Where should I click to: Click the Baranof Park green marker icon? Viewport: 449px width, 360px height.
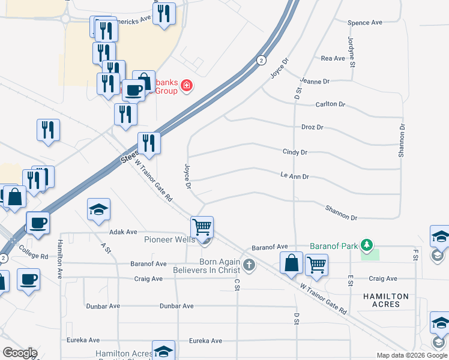pyautogui.click(x=367, y=246)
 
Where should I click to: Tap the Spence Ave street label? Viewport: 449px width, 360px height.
pyautogui.click(x=365, y=23)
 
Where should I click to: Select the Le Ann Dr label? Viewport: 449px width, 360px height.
pyautogui.click(x=294, y=177)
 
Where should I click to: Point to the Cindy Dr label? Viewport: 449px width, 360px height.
pyautogui.click(x=295, y=152)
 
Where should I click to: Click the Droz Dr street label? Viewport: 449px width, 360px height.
pyautogui.click(x=312, y=127)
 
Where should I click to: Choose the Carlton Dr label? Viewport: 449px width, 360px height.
pyautogui.click(x=331, y=104)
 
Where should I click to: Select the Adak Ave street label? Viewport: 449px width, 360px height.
pyautogui.click(x=123, y=232)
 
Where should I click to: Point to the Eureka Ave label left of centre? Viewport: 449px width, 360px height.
pyautogui.click(x=85, y=340)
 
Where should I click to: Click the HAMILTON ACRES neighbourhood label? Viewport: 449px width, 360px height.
pyautogui.click(x=385, y=301)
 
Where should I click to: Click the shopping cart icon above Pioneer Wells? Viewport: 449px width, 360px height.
pyautogui.click(x=202, y=227)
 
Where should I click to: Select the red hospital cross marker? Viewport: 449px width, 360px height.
pyautogui.click(x=187, y=86)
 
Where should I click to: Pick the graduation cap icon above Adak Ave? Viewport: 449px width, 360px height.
pyautogui.click(x=99, y=209)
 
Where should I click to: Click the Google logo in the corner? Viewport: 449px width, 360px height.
pyautogui.click(x=20, y=353)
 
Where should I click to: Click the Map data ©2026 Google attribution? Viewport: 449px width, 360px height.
pyautogui.click(x=411, y=355)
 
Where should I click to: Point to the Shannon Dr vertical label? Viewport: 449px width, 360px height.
pyautogui.click(x=402, y=141)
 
